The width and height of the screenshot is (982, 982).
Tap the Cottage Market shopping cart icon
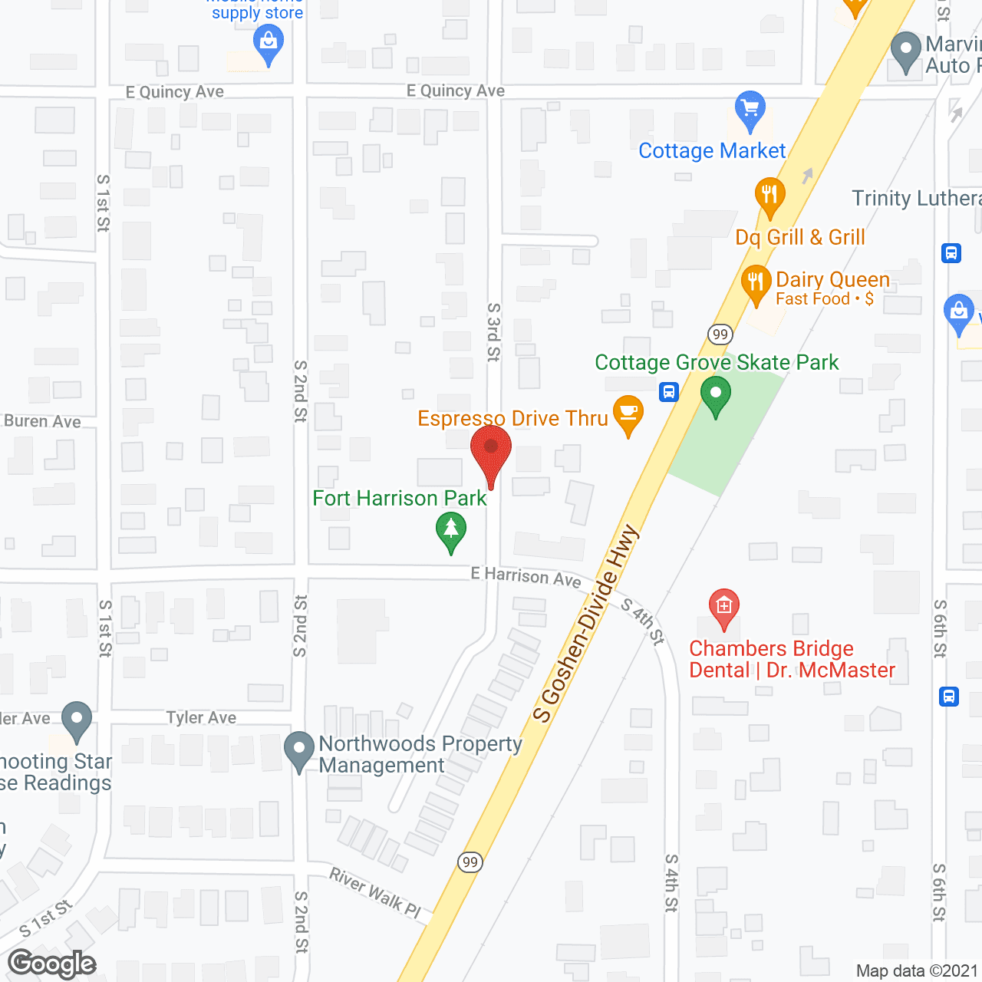tap(750, 110)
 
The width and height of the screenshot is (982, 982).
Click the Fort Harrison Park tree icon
tap(451, 531)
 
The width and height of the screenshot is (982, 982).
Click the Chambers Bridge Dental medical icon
tap(723, 608)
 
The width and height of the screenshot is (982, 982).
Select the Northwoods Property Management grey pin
tap(299, 751)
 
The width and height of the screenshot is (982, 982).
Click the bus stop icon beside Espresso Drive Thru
tap(669, 392)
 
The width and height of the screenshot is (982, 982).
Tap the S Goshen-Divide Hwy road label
tap(586, 623)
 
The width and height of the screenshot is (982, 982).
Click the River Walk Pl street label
tap(375, 892)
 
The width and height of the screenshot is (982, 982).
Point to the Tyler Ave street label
tap(201, 717)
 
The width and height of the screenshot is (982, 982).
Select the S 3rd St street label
tap(493, 331)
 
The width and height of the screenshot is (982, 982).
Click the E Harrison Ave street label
tap(526, 576)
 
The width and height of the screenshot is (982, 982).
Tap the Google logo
tap(52, 964)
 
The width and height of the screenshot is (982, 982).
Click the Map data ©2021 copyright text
tap(917, 970)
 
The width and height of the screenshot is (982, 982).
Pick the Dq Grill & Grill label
tap(800, 237)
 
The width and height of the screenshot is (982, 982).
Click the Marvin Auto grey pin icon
tap(906, 51)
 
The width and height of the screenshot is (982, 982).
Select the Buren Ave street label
tap(42, 421)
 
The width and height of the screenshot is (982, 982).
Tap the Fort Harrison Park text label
tap(400, 498)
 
